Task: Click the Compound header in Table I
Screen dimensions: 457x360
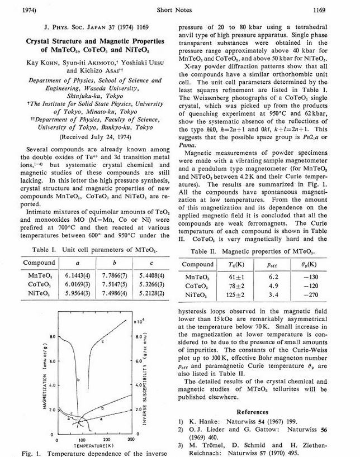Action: click(39, 263)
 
